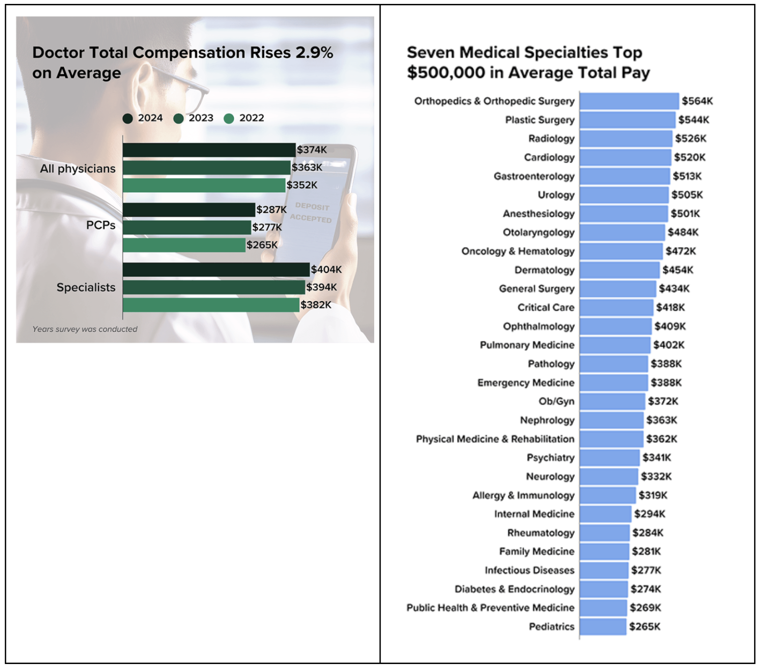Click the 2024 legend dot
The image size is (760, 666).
pos(127,118)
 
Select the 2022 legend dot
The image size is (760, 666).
pos(229,118)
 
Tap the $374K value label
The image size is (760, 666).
pos(312,150)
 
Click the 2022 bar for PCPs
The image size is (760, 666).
pos(184,245)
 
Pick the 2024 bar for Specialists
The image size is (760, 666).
pos(216,270)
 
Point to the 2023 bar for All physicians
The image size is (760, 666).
pos(206,167)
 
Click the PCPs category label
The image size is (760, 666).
pos(101,225)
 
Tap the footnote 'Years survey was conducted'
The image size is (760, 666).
pos(85,329)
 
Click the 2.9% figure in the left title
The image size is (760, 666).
pos(314,53)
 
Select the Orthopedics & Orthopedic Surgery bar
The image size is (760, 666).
pos(629,101)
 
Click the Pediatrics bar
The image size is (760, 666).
pos(603,626)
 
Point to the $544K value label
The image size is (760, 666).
pos(694,120)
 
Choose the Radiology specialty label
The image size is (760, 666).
pos(551,139)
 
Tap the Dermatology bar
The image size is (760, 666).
pos(619,270)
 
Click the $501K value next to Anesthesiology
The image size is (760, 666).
pos(685,214)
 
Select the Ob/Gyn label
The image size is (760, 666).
pos(556,401)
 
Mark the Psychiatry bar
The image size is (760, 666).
pos(610,458)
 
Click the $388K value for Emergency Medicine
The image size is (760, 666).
pos(666,383)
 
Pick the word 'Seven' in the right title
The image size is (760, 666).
pos(431,52)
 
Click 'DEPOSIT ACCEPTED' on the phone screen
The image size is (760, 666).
pos(311,213)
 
